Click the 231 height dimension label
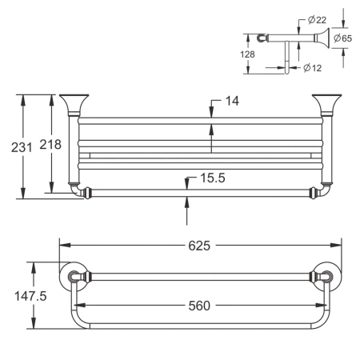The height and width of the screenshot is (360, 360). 13,147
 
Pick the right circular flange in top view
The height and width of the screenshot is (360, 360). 329,276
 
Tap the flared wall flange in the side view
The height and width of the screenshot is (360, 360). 321,38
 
